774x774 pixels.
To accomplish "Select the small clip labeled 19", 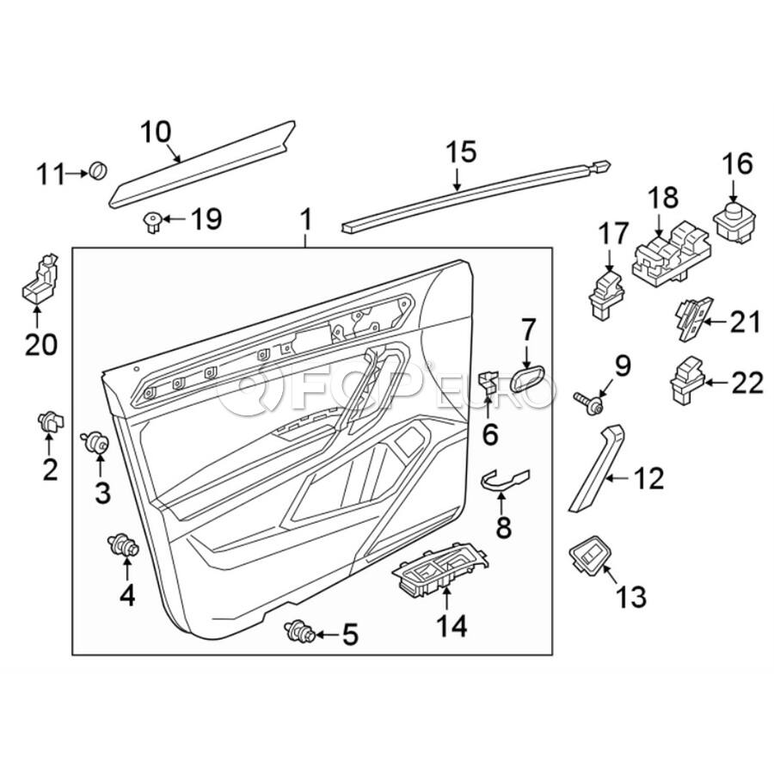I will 151,224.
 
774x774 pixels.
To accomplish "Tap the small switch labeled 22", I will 688,380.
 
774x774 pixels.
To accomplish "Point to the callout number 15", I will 461,152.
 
